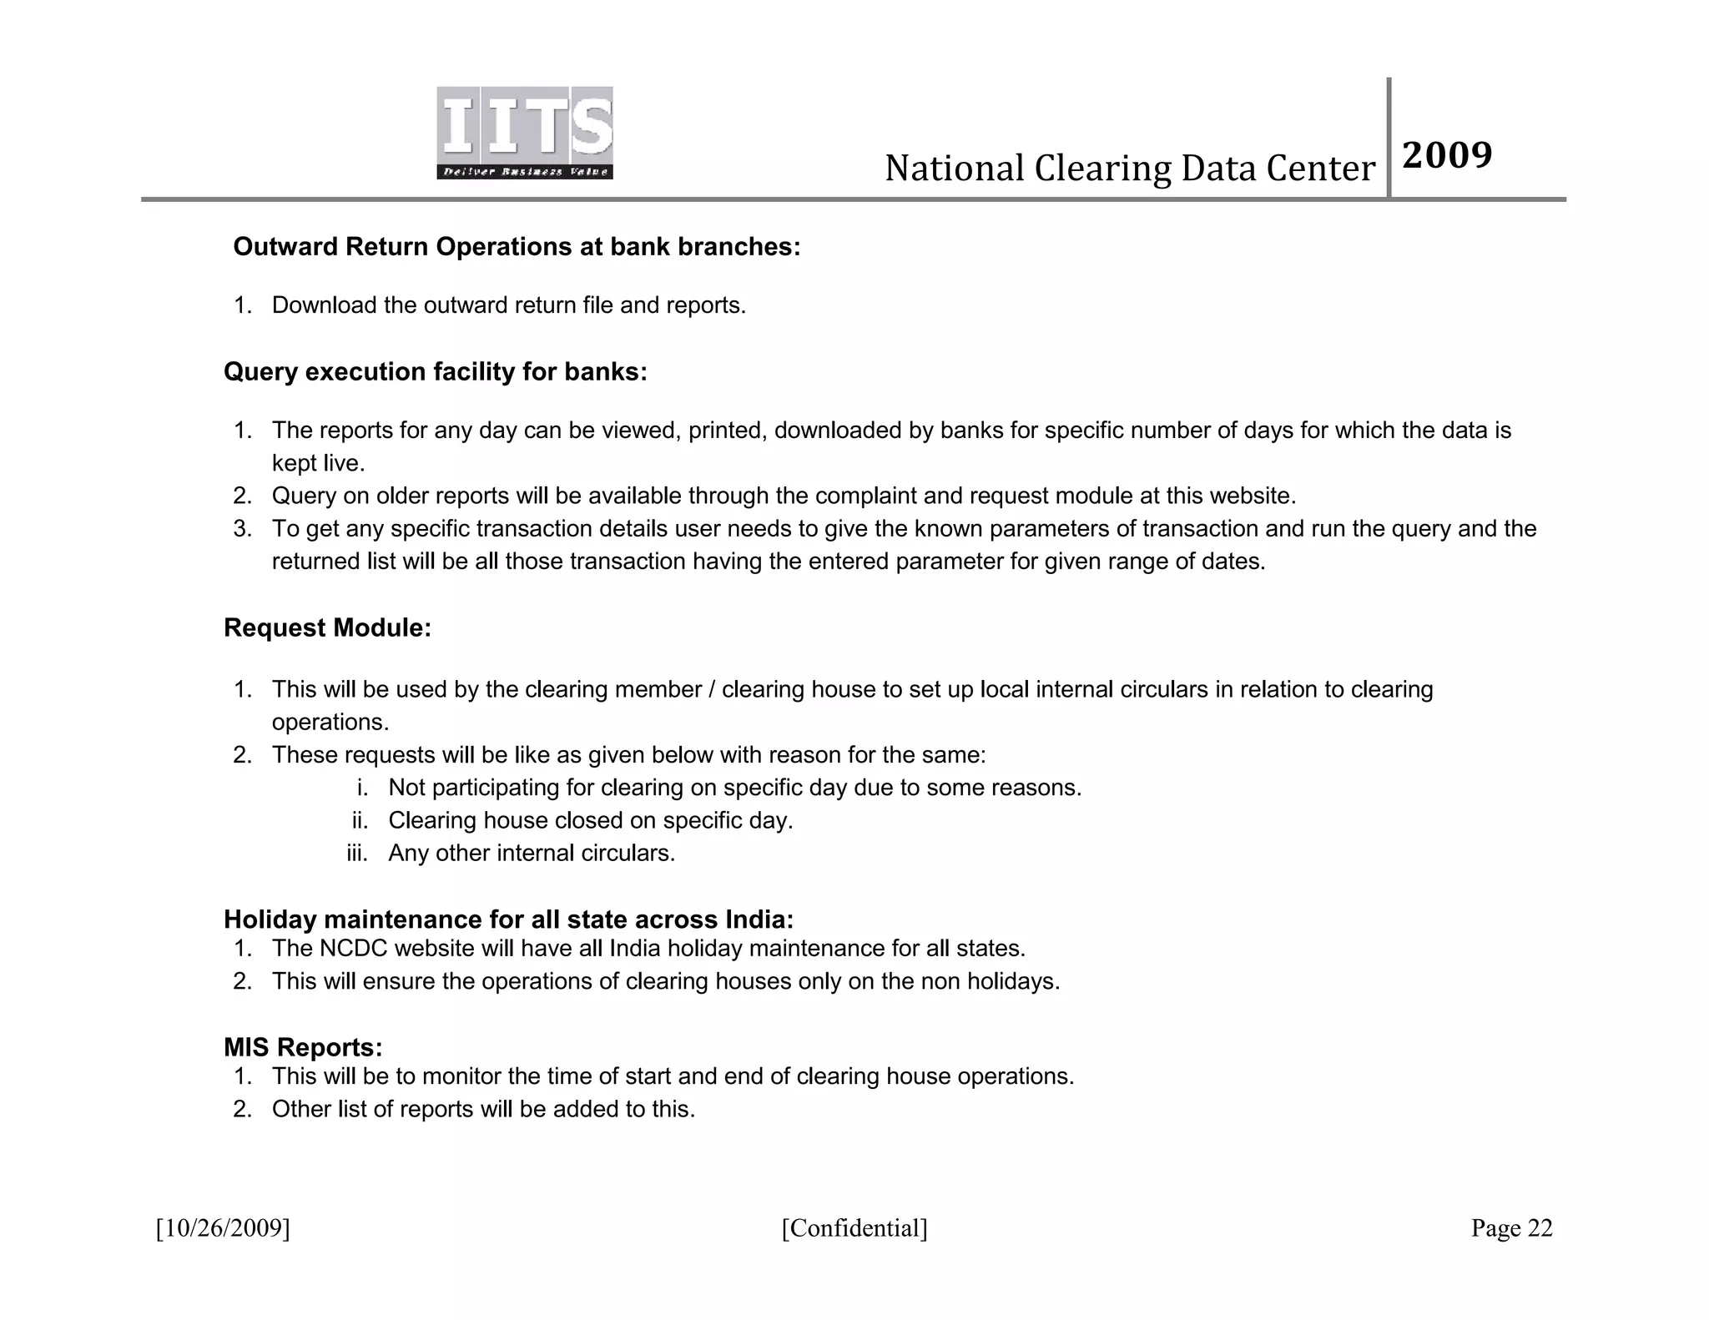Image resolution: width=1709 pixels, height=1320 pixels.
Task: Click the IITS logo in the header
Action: click(525, 132)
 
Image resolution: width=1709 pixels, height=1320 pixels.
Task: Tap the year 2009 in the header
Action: click(1447, 155)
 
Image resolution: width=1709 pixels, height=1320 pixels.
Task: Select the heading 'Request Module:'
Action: click(327, 627)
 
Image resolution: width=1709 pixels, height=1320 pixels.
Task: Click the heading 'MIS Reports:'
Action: click(303, 1047)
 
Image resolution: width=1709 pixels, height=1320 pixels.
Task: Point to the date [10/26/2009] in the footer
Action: click(223, 1228)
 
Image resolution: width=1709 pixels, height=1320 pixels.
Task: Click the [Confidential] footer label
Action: click(854, 1228)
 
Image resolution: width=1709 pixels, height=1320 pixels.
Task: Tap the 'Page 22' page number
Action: click(1511, 1228)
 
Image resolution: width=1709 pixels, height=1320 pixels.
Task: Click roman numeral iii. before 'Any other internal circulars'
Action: click(357, 854)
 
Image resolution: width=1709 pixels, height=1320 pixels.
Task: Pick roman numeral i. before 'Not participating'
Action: click(362, 788)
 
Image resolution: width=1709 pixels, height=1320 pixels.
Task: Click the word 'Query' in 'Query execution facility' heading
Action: click(260, 371)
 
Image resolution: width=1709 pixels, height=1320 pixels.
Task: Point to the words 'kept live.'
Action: click(319, 463)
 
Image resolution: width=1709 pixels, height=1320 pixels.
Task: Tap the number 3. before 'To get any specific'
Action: click(242, 529)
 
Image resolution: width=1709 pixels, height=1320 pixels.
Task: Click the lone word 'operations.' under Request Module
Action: click(330, 723)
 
